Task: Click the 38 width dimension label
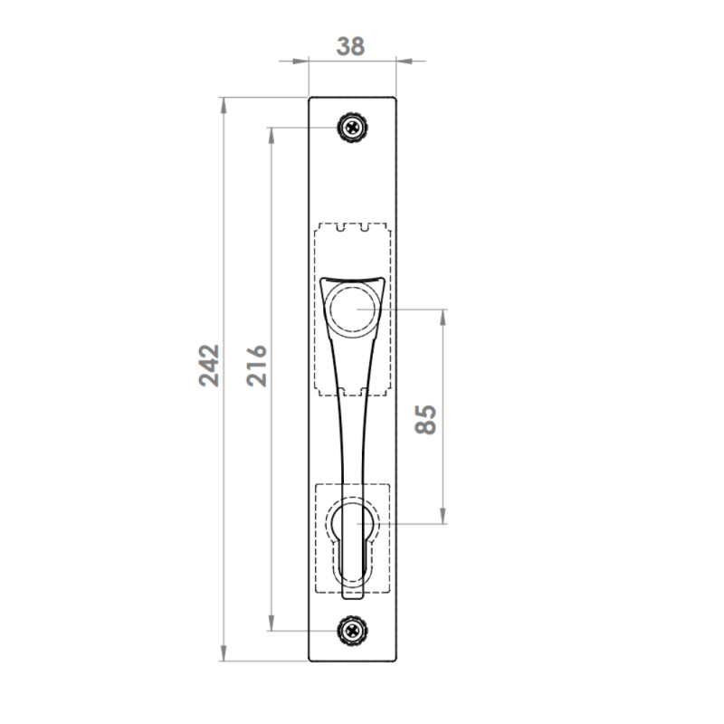[x=350, y=47]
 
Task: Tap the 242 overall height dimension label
[x=209, y=366]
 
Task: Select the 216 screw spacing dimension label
[x=257, y=366]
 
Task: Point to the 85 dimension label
[x=425, y=419]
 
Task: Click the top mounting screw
[x=353, y=127]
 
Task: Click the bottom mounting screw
[x=353, y=630]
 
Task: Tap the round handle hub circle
[x=353, y=310]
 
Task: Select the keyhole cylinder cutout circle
[x=352, y=523]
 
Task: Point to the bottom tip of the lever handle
[x=352, y=598]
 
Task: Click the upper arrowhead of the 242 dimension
[x=224, y=105]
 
